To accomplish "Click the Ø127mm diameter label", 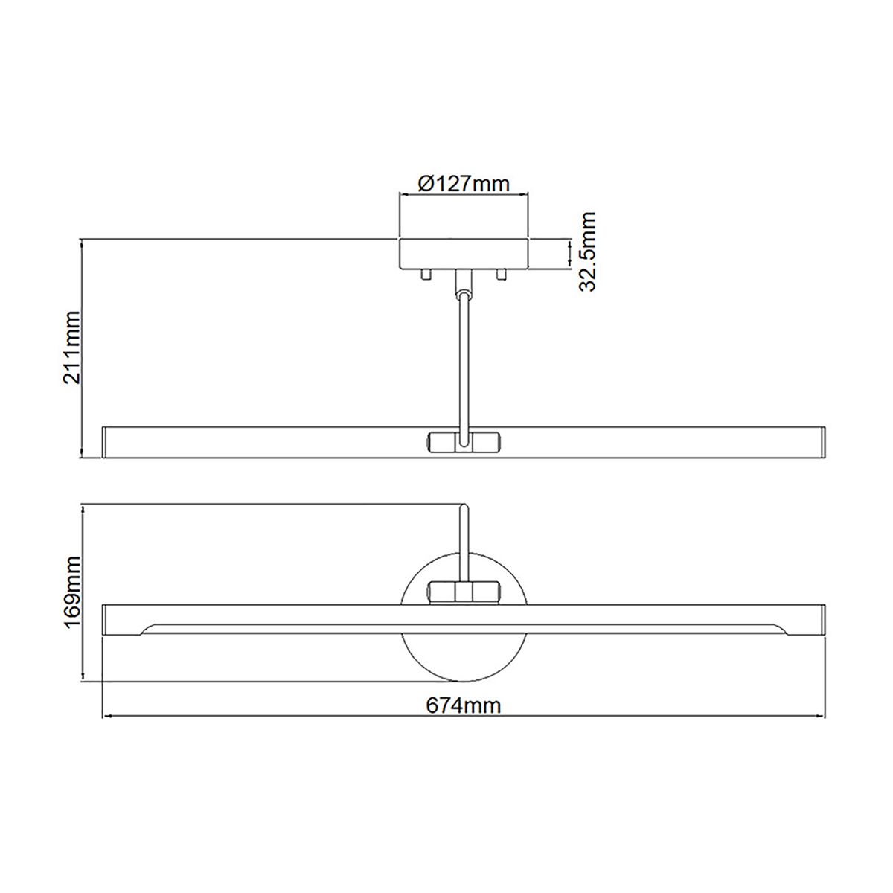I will pos(464,183).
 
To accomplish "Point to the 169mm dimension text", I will pos(73,592).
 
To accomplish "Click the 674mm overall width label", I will pos(463,705).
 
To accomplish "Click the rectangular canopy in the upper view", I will pos(464,254).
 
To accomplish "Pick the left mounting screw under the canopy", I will pos(426,275).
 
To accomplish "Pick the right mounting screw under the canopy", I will pos(501,275).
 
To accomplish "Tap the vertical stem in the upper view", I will pos(464,357).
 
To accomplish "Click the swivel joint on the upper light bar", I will pos(463,441).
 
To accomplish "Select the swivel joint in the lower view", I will pos(463,593).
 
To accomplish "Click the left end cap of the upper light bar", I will pos(105,441).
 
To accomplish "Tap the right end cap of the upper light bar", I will pos(822,441).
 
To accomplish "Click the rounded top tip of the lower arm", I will pos(463,508).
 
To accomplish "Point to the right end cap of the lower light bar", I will pos(822,619).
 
